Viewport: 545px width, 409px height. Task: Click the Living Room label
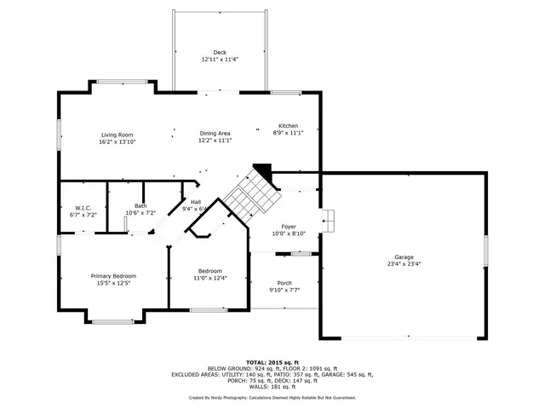(118, 135)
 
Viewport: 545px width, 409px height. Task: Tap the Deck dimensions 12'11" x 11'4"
(220, 60)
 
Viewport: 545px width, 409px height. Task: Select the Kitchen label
(288, 125)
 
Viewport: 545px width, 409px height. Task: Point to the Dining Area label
(215, 134)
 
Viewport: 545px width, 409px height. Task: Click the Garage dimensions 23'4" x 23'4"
(403, 264)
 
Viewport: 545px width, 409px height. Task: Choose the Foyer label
(289, 227)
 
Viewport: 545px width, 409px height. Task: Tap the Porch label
(284, 283)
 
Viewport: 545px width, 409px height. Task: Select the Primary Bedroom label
(113, 276)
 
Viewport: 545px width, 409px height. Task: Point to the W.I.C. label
(83, 208)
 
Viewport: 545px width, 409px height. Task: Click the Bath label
(140, 205)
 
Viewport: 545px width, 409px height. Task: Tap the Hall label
(196, 202)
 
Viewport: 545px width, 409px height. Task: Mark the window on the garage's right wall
(486, 253)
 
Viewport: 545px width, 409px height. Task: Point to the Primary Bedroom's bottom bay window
(112, 321)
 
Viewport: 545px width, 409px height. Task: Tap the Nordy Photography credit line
(272, 397)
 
